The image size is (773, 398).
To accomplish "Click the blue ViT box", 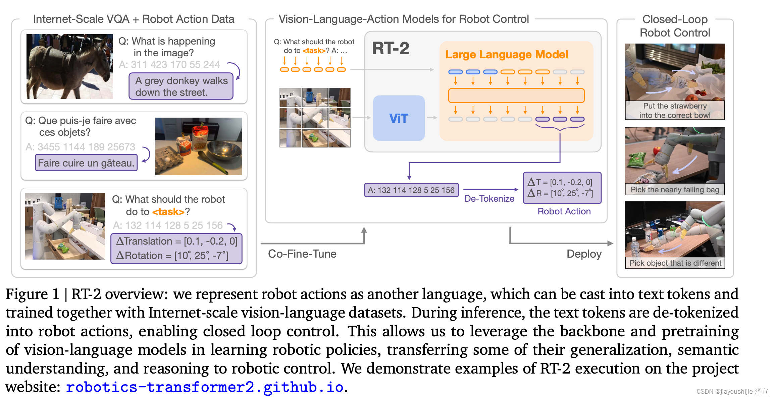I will point(399,118).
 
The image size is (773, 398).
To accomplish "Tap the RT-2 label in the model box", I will point(391,49).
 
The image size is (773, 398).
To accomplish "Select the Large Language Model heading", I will point(507,54).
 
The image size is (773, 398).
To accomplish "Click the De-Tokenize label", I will point(489,199).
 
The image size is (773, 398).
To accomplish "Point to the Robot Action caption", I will point(564,211).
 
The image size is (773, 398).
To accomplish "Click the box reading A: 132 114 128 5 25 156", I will point(411,190).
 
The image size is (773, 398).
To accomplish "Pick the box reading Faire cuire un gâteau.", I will point(86,163).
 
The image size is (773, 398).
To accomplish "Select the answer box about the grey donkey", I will point(181,86).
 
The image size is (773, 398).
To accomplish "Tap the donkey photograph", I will point(70,66).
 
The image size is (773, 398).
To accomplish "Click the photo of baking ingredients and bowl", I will point(198,146).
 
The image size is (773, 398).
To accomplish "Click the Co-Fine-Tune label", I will point(302,254).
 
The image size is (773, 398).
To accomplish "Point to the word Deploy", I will point(584,254).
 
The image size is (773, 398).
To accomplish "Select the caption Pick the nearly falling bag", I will point(675,190).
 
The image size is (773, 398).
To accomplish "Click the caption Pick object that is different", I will point(675,263).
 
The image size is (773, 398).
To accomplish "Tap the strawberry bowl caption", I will point(675,111).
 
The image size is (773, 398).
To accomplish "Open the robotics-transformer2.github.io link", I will point(205,387).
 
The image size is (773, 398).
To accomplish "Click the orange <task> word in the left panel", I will point(168,212).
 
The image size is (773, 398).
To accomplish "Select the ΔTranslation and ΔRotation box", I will point(176,249).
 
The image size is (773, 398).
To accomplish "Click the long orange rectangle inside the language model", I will point(516,95).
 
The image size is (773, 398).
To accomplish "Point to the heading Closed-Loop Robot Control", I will point(675,26).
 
